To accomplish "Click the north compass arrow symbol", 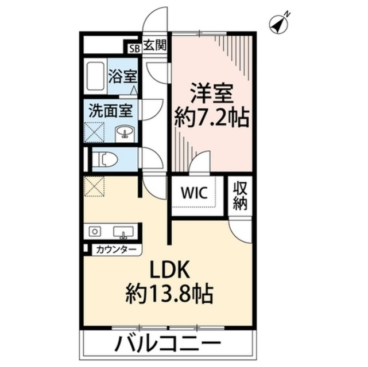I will tap(278, 22).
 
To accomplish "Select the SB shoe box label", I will tap(134, 48).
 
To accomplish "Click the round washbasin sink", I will tap(124, 133).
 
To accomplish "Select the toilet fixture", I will tap(103, 159).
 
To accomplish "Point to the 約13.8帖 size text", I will tap(170, 296).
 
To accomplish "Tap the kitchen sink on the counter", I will tap(122, 232).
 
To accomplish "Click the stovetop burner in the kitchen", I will tap(95, 232).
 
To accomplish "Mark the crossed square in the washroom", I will tap(95, 132).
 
